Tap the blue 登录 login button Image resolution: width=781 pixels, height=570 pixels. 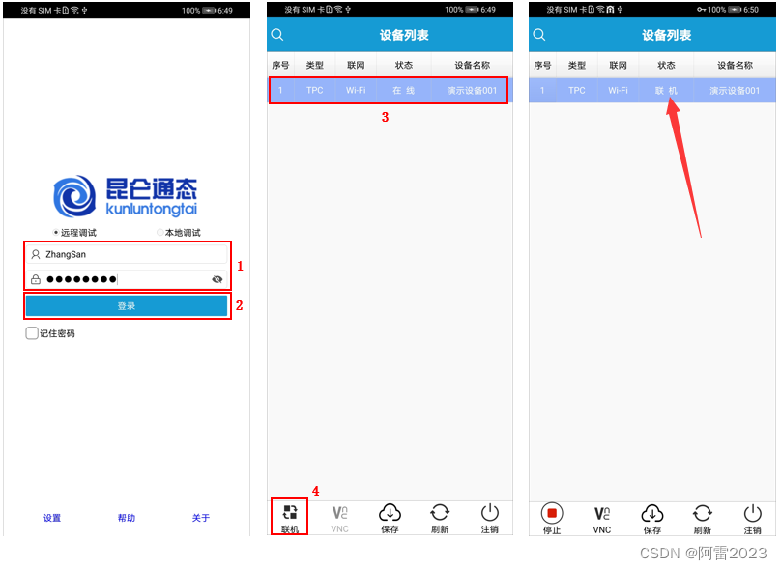tap(127, 305)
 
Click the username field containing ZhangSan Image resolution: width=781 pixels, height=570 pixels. tap(128, 254)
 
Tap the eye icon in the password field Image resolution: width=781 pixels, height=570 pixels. tap(217, 279)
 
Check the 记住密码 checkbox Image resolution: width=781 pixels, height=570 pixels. tap(31, 333)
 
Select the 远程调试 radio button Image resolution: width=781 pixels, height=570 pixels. tap(56, 233)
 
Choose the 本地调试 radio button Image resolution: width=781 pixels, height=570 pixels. tap(159, 233)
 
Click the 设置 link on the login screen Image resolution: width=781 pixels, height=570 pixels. tap(52, 518)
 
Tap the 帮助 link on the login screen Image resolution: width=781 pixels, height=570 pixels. tap(127, 518)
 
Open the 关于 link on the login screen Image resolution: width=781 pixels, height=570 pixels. tap(201, 518)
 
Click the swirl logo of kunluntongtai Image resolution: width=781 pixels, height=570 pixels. tap(74, 196)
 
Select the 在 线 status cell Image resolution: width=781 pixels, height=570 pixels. tap(403, 90)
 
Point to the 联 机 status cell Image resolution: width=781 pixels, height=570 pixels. tap(666, 90)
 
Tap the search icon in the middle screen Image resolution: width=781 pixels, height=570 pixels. tap(277, 35)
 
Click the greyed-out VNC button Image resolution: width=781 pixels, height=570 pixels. tap(339, 519)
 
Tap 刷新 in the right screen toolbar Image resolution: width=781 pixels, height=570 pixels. tap(703, 519)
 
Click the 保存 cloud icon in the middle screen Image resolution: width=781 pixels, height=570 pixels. tap(390, 512)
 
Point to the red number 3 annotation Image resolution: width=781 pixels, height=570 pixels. tap(385, 117)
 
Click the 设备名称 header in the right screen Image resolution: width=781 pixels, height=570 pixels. tap(735, 66)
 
